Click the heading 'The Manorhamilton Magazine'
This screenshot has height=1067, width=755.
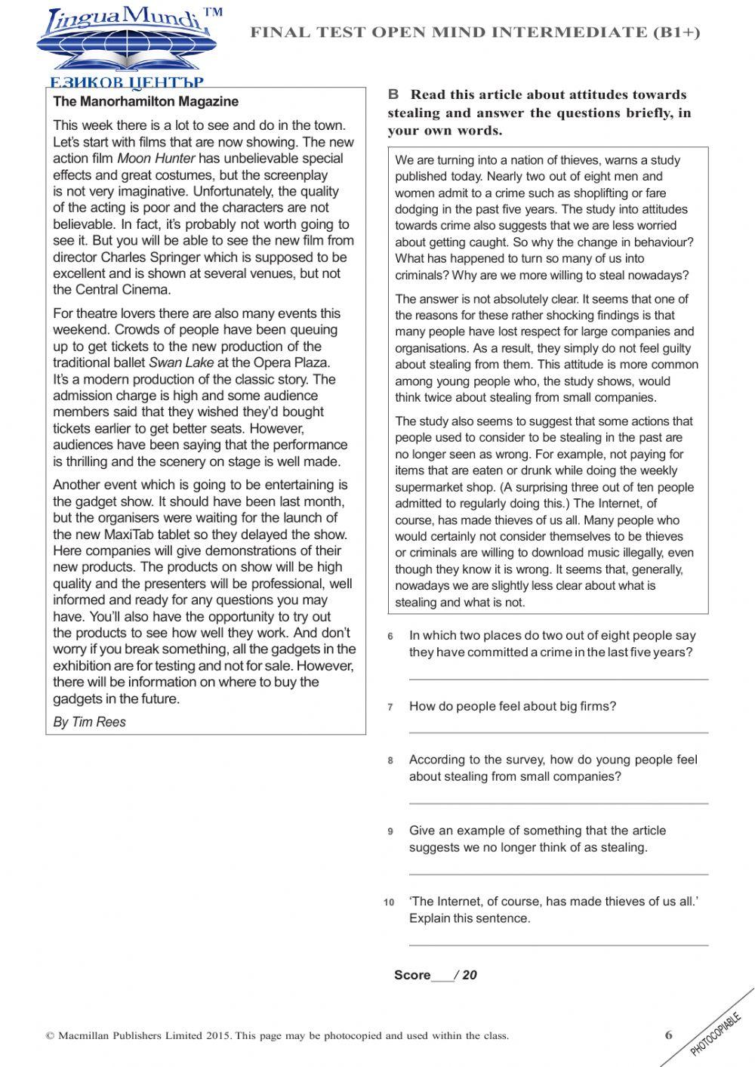click(x=145, y=101)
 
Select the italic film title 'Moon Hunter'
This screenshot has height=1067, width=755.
click(x=156, y=159)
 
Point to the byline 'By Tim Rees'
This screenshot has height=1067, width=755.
click(x=89, y=722)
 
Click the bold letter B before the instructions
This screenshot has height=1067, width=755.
click(x=393, y=94)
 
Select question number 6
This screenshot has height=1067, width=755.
click(x=390, y=637)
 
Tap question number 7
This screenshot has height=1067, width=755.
click(x=390, y=708)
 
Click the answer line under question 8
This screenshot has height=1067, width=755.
click(x=558, y=803)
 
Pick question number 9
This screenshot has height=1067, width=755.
click(x=390, y=831)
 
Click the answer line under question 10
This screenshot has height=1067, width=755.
click(x=558, y=945)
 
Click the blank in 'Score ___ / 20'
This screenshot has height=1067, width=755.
click(x=442, y=976)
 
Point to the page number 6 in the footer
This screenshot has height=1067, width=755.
click(x=668, y=1035)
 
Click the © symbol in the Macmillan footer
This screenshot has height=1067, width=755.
click(x=51, y=1036)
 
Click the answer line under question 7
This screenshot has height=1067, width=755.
click(x=558, y=732)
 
